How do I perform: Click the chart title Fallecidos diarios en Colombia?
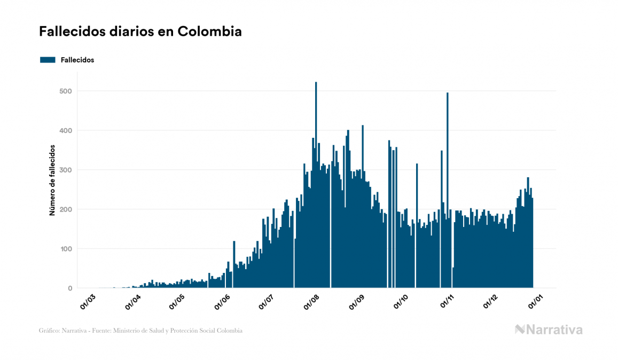tap(140, 32)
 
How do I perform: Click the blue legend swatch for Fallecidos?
tap(48, 60)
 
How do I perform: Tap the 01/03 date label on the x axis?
tap(88, 301)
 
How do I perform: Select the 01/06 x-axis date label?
tap(223, 301)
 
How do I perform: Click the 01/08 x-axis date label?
tap(312, 301)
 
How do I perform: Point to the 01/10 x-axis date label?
tap(401, 301)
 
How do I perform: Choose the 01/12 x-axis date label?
tap(491, 301)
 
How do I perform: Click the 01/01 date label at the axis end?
tap(536, 301)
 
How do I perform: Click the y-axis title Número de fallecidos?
tap(52, 179)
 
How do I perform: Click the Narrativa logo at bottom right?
tap(549, 330)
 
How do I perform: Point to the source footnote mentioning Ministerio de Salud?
tap(140, 331)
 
